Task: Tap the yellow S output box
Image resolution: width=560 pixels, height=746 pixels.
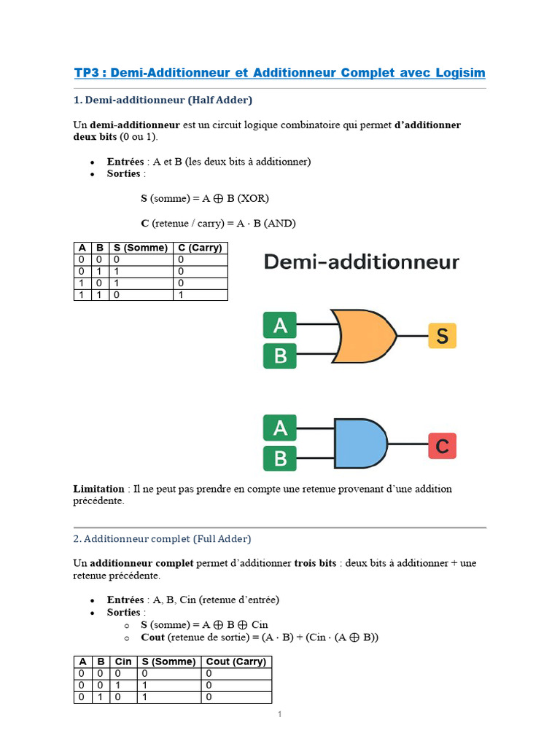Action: (x=442, y=336)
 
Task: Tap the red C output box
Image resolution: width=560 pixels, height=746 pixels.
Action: (x=442, y=445)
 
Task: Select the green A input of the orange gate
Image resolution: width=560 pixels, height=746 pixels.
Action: (x=280, y=326)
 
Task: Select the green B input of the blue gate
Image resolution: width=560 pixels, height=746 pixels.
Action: (x=280, y=459)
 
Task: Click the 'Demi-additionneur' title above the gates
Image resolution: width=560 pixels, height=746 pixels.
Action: (x=361, y=262)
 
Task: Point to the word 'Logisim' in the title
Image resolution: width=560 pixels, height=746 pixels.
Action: (x=460, y=73)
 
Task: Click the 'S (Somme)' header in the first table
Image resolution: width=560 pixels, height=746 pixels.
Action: (x=141, y=248)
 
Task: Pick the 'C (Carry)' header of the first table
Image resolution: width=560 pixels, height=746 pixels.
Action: (x=200, y=248)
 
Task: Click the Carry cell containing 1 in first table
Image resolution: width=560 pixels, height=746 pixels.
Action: (x=181, y=294)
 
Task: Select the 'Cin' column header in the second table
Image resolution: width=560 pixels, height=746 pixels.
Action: (x=123, y=661)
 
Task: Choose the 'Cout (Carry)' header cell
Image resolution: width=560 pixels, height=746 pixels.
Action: (x=236, y=661)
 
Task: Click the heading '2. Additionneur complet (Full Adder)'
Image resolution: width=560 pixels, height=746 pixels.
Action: (x=162, y=539)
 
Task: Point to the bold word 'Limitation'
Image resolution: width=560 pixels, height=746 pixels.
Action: (x=98, y=489)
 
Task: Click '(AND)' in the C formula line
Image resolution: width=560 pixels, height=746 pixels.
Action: (x=280, y=223)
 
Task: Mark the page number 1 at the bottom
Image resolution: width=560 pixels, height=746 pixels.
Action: (x=279, y=714)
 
